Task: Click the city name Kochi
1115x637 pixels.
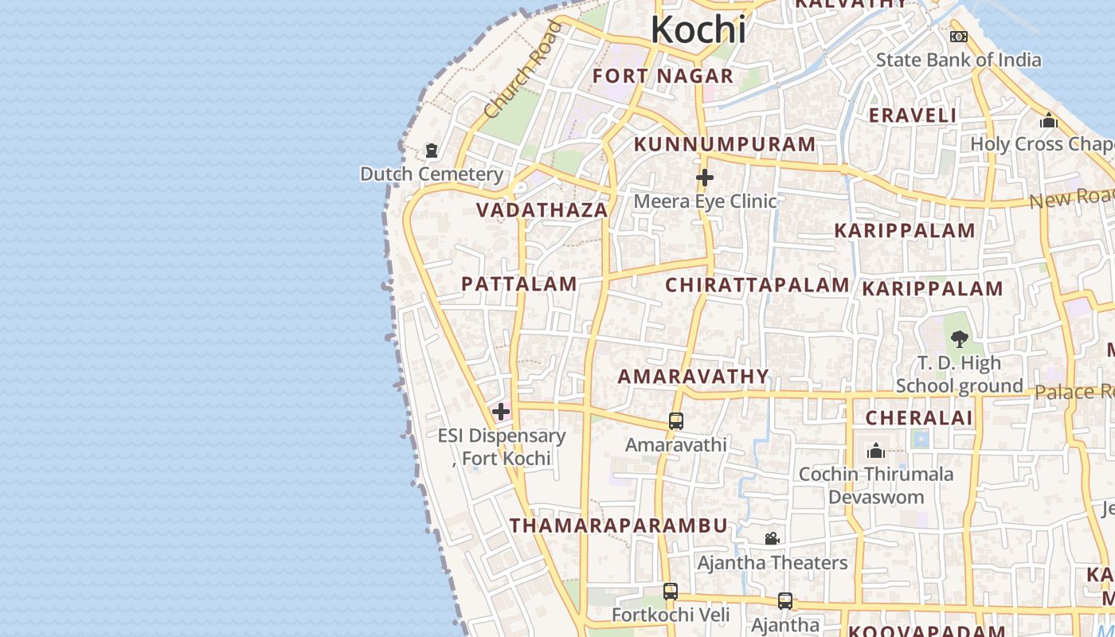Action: click(x=698, y=30)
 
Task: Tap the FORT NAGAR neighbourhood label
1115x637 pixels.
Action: click(x=663, y=76)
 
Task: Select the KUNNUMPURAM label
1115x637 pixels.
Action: click(x=724, y=144)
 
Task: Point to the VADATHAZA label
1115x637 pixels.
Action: click(x=542, y=210)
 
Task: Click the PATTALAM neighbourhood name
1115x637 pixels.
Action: click(x=518, y=284)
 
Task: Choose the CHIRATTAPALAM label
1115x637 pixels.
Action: click(x=757, y=285)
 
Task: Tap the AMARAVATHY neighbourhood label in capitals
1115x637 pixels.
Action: click(x=693, y=377)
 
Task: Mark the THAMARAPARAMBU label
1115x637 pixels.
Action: click(x=618, y=526)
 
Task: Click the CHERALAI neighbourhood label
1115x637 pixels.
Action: click(x=918, y=418)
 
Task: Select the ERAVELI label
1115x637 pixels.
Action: click(x=912, y=115)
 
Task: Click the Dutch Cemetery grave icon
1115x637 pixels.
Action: click(x=432, y=150)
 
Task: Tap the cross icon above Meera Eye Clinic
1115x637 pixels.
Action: click(x=704, y=178)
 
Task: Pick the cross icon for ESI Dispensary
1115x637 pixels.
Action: click(x=501, y=412)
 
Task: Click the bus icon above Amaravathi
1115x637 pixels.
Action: click(x=675, y=420)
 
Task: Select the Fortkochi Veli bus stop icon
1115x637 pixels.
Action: click(x=671, y=591)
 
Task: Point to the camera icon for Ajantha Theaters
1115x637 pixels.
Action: click(x=772, y=539)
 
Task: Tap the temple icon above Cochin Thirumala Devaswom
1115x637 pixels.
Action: click(x=876, y=451)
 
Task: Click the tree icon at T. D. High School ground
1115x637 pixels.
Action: click(x=960, y=338)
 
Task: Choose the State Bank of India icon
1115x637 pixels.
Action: click(x=959, y=37)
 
